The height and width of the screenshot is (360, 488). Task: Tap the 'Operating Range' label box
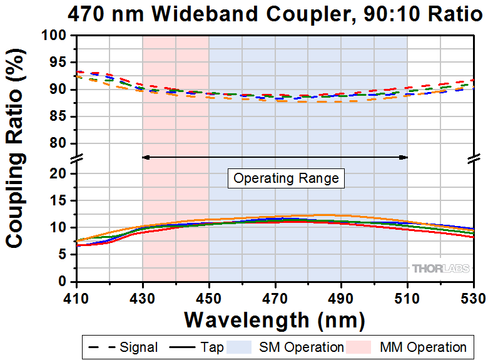click(286, 178)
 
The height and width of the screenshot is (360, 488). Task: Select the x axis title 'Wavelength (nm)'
click(274, 320)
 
